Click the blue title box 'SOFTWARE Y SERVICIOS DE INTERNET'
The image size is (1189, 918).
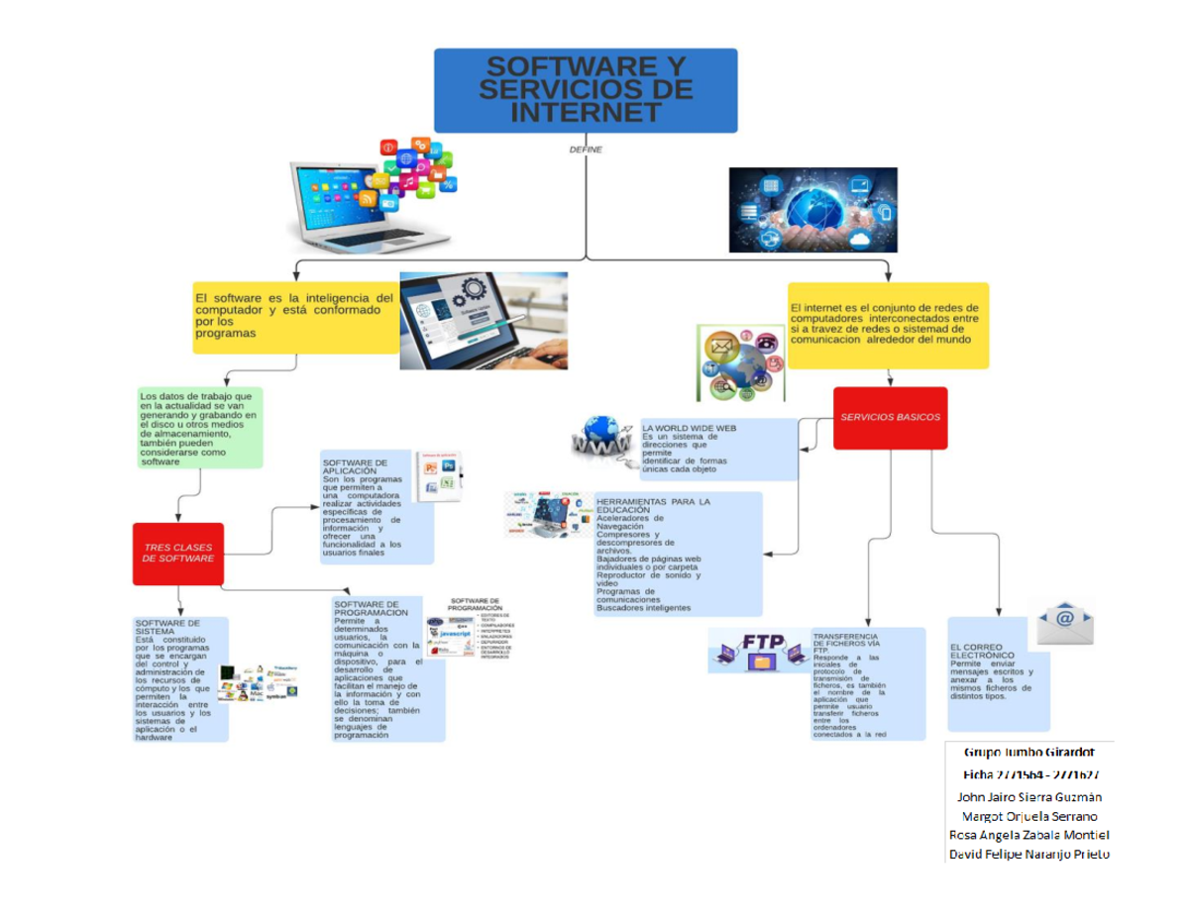(x=586, y=90)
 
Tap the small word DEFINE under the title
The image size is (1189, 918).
(x=586, y=150)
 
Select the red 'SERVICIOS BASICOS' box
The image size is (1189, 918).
(x=890, y=418)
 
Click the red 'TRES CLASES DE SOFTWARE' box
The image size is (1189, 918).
(x=178, y=553)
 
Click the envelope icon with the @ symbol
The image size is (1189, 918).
(x=1065, y=622)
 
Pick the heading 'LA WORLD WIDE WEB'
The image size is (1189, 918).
(x=690, y=428)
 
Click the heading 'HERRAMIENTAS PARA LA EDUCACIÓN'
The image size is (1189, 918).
(x=653, y=506)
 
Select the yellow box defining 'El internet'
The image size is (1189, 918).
(x=888, y=324)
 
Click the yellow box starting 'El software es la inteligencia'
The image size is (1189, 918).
(x=294, y=315)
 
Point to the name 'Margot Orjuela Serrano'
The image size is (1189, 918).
(x=1029, y=815)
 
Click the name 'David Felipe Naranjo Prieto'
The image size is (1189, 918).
(x=1029, y=853)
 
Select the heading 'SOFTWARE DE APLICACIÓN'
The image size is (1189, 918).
(x=354, y=466)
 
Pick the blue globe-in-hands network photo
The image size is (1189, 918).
(x=812, y=210)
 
